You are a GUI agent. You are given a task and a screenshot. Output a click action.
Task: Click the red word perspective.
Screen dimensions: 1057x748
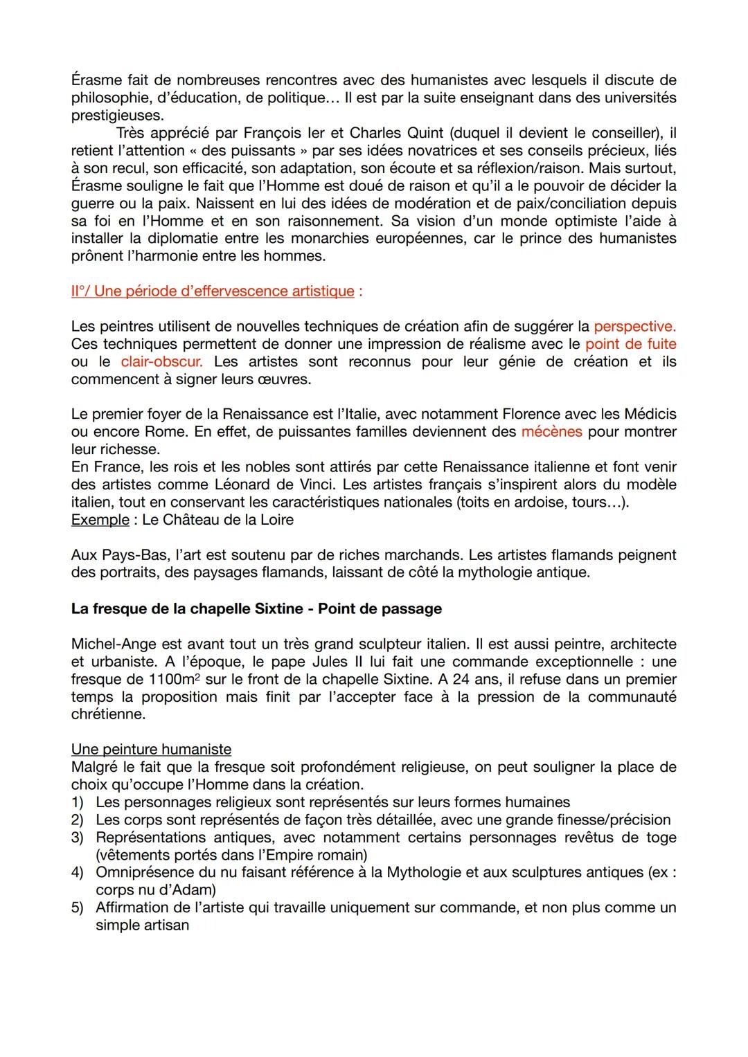coord(634,326)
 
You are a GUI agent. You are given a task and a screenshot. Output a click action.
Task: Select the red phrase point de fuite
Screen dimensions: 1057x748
coord(630,344)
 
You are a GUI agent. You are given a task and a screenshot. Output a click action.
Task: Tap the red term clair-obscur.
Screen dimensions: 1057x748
coord(161,361)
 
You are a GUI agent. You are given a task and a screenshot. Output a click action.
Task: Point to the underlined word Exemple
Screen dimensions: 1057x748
coord(100,519)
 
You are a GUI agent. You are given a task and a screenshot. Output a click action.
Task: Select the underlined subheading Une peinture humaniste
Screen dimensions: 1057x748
coord(151,749)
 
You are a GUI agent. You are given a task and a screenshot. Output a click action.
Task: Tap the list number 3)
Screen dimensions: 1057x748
coord(78,838)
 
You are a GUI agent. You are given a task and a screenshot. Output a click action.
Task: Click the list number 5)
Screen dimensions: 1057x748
coord(78,907)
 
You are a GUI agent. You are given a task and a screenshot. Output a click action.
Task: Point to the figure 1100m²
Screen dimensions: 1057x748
coord(175,680)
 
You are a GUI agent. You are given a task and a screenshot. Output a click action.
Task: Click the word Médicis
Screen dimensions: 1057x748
coord(649,414)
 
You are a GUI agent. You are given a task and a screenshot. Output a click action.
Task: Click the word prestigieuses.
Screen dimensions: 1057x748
coord(116,116)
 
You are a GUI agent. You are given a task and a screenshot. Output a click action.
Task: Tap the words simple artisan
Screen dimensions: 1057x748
coord(142,925)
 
